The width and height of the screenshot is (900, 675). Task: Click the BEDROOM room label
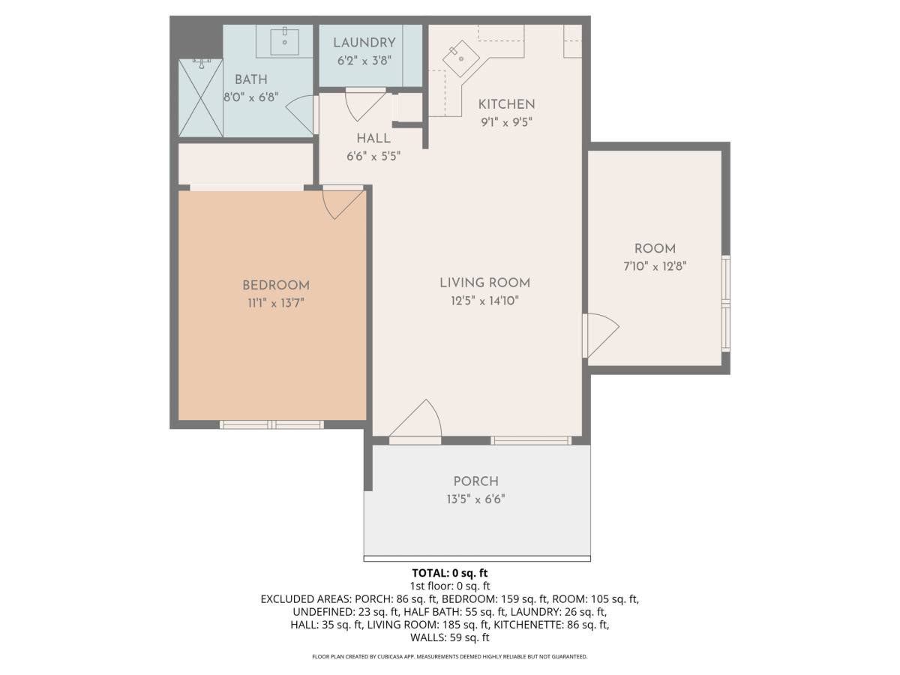276,285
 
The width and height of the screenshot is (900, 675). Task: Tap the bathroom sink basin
284,41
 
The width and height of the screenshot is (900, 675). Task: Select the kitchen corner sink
460,58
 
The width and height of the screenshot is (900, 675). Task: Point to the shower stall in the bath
201,98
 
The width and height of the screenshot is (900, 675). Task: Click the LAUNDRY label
364,43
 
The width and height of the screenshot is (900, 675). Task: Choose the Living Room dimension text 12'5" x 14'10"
484,301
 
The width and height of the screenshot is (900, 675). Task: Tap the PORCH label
475,481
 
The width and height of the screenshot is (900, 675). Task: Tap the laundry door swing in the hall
365,105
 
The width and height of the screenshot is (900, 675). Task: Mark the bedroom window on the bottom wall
271,424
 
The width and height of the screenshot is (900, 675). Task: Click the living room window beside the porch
531,440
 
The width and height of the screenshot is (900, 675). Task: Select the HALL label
373,139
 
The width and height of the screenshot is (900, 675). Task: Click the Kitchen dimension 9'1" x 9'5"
506,122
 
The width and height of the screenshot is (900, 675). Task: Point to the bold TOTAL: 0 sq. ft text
450,573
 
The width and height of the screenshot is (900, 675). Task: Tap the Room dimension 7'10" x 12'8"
655,266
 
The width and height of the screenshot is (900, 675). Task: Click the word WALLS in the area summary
427,637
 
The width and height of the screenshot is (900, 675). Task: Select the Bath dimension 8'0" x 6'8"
251,97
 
